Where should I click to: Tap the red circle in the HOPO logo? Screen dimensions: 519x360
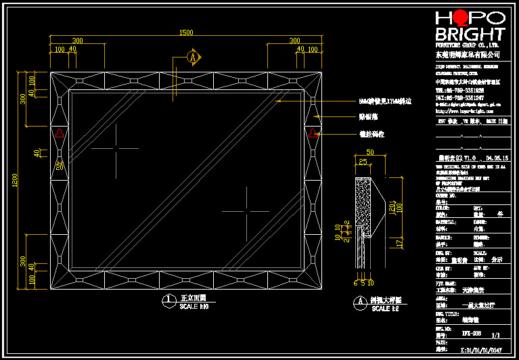point(461,18)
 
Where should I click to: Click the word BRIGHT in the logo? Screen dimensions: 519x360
point(470,34)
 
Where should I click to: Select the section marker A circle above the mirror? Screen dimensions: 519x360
point(194,58)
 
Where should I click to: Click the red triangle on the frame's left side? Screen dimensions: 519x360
point(60,133)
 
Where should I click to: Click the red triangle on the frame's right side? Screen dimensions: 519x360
point(313,133)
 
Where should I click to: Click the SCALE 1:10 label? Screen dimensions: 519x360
point(194,307)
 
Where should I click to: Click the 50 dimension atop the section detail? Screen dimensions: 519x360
point(369,152)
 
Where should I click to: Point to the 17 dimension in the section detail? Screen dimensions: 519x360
point(399,241)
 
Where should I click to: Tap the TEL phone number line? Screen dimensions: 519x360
point(459,90)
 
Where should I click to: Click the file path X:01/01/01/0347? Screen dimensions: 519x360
point(480,350)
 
